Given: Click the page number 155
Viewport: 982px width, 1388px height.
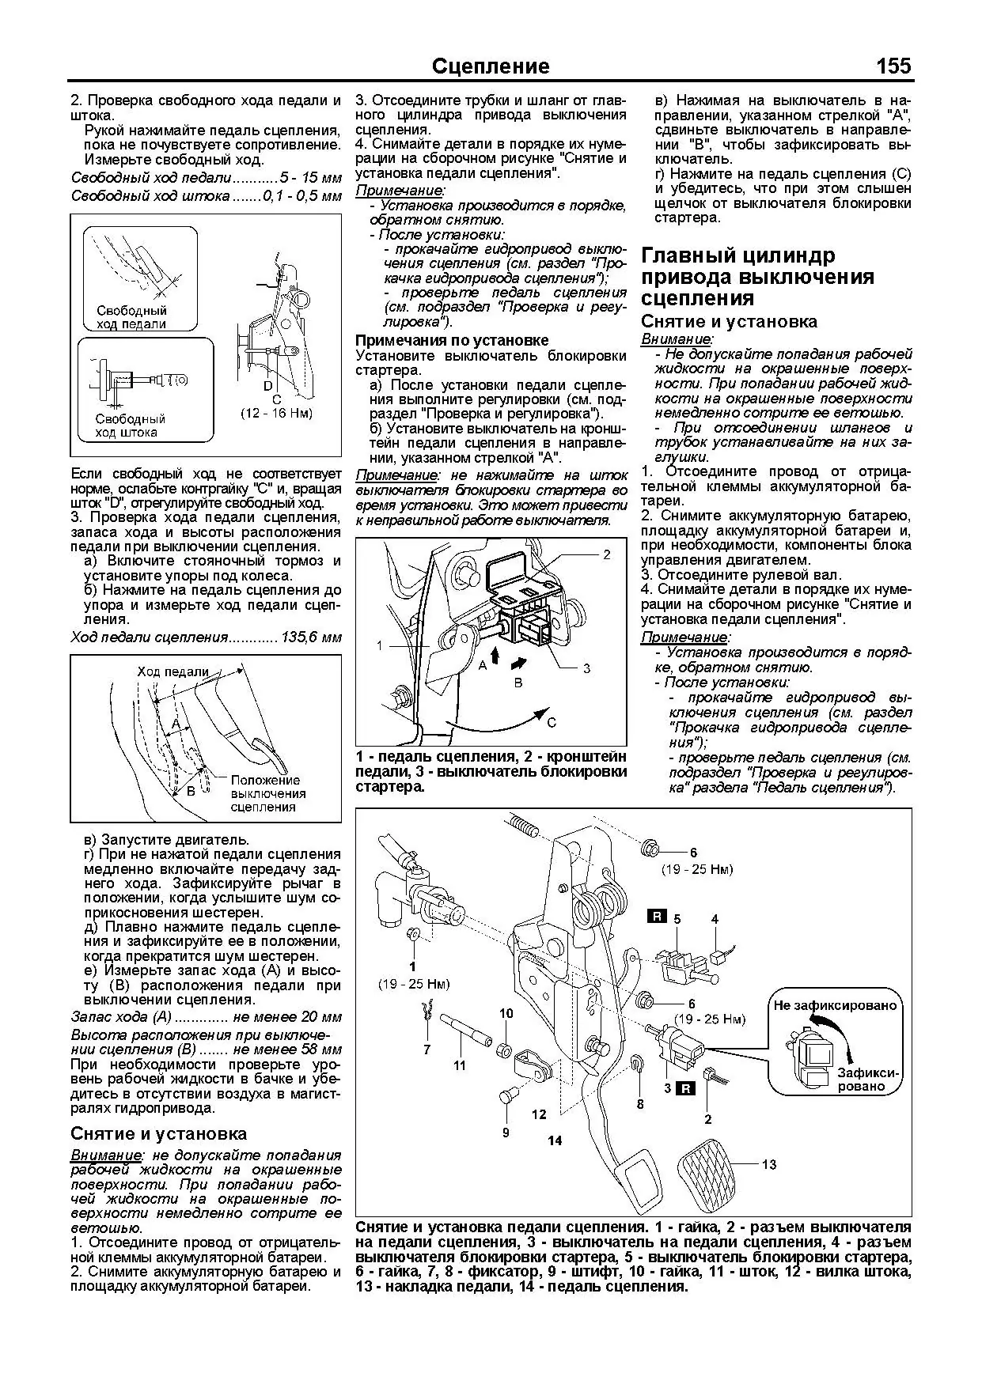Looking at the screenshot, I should (x=893, y=66).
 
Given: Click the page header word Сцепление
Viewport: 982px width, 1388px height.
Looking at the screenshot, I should (x=491, y=66).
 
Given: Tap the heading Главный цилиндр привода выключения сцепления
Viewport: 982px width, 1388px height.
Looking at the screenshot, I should (x=757, y=277).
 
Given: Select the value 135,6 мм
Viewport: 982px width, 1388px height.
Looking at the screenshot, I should (x=311, y=637).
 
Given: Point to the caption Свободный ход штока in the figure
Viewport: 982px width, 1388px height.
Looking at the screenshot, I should (x=131, y=425).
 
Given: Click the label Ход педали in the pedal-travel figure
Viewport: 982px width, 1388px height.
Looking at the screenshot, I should (x=173, y=671).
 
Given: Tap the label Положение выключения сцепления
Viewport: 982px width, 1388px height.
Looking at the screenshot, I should (x=267, y=793).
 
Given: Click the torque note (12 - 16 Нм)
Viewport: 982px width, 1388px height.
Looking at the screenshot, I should (x=276, y=413).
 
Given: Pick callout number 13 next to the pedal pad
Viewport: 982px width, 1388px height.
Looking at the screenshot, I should (x=769, y=1164).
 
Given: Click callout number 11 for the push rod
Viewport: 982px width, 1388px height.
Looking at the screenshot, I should (x=460, y=1065).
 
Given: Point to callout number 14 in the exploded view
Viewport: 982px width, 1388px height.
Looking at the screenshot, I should (x=554, y=1140).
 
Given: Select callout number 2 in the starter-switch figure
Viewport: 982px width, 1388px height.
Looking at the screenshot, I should (x=607, y=554).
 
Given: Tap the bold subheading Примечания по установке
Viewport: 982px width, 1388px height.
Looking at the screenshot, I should (x=452, y=340).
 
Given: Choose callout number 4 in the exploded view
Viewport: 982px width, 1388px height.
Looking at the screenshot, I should (x=715, y=919).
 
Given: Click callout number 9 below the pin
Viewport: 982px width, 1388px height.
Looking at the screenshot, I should (x=506, y=1133).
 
